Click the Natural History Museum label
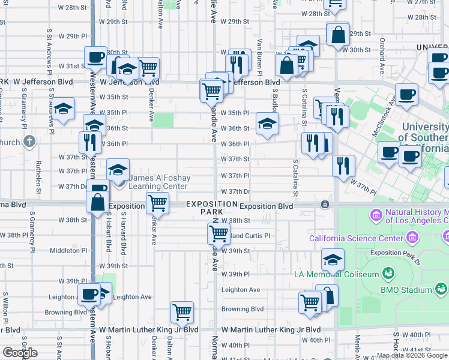coord(415,215)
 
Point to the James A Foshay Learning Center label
coord(158,182)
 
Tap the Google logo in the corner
coord(20,353)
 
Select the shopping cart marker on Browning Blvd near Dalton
coord(182,311)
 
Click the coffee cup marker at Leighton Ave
coord(89,293)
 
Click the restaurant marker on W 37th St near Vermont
coord(343,165)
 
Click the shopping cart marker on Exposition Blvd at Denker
coord(157,202)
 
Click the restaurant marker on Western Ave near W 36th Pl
coord(88,142)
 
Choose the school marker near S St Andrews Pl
coord(62,108)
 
